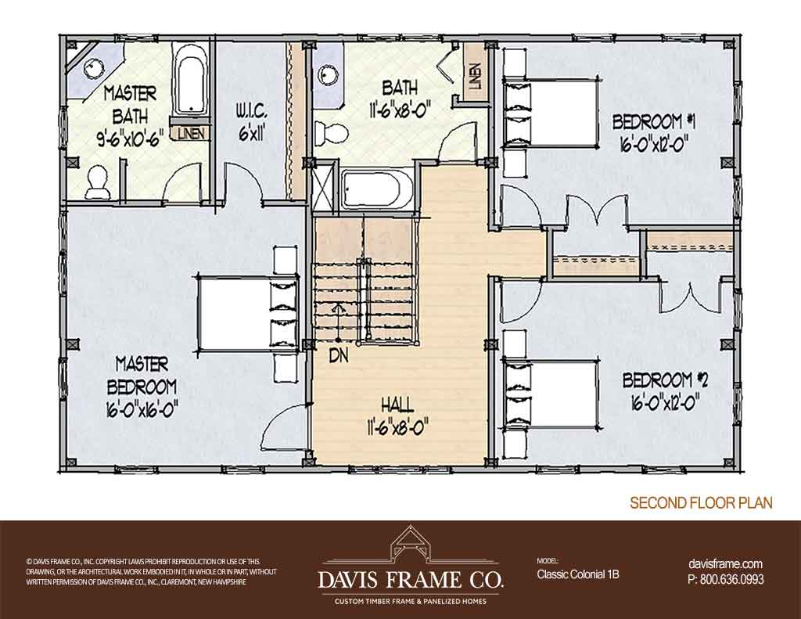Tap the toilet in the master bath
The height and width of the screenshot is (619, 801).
pos(96,182)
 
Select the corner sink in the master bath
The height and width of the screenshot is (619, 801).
pos(94,67)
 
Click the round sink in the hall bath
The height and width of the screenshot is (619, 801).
pos(326,75)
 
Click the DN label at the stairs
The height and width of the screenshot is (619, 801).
pos(338,356)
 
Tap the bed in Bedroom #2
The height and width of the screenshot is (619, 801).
pos(551,394)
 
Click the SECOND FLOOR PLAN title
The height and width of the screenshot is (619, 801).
pos(701,502)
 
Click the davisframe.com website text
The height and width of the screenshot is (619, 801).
pos(725,564)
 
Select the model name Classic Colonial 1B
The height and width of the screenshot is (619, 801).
pos(578,574)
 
